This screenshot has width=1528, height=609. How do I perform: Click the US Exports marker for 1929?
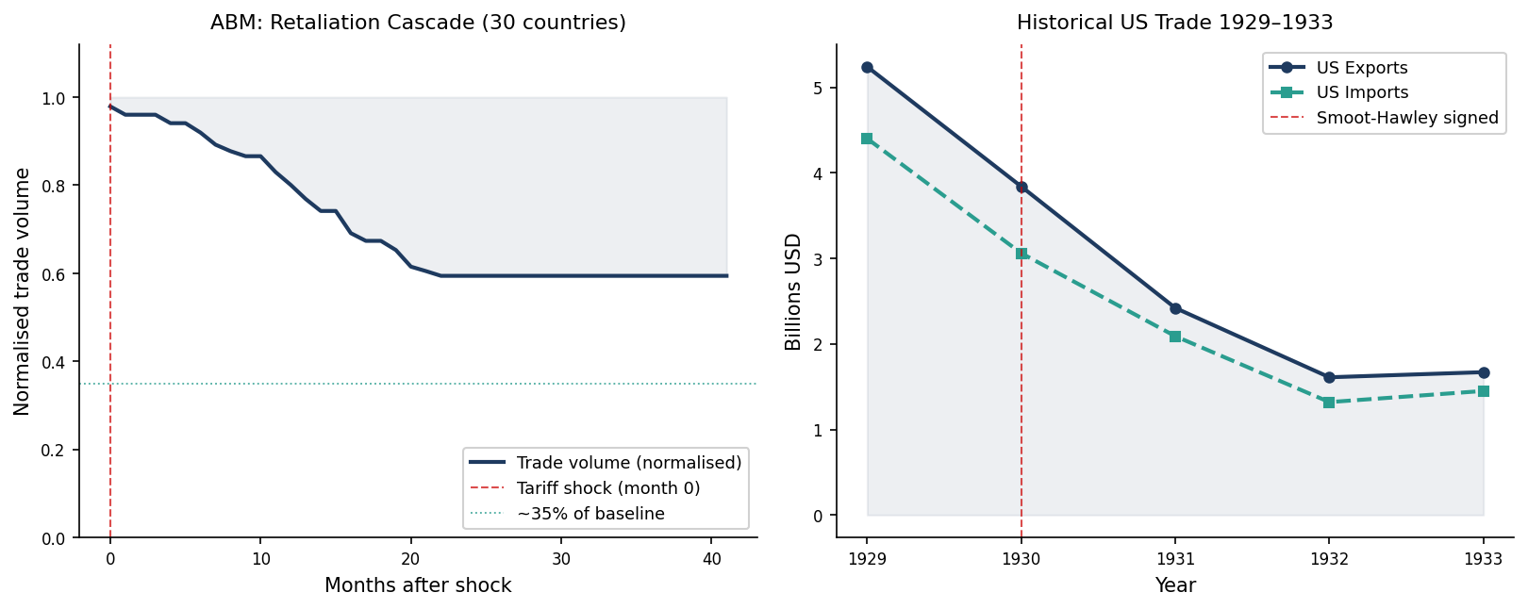pos(867,68)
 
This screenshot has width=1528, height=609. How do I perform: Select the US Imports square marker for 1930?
pos(1021,254)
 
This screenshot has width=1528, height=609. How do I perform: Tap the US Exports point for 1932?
pos(1329,377)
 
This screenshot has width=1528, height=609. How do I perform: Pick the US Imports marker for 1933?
pos(1483,391)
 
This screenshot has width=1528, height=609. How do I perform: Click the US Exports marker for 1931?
pos(1175,308)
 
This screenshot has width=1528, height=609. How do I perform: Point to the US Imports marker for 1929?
pos(867,139)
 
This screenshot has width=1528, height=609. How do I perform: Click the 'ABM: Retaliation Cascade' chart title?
pos(418,23)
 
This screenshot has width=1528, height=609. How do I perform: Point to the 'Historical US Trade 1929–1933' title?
pos(1174,23)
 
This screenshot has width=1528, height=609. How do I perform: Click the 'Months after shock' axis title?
pos(418,585)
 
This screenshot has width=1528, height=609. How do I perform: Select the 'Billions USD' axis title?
pos(793,291)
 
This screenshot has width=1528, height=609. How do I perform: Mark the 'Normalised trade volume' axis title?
pos(23,291)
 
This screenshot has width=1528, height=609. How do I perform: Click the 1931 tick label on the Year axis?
pos(1175,558)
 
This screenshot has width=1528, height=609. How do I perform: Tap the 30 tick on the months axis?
pos(561,558)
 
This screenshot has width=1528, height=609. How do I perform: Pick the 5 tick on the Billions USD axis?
pos(818,89)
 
